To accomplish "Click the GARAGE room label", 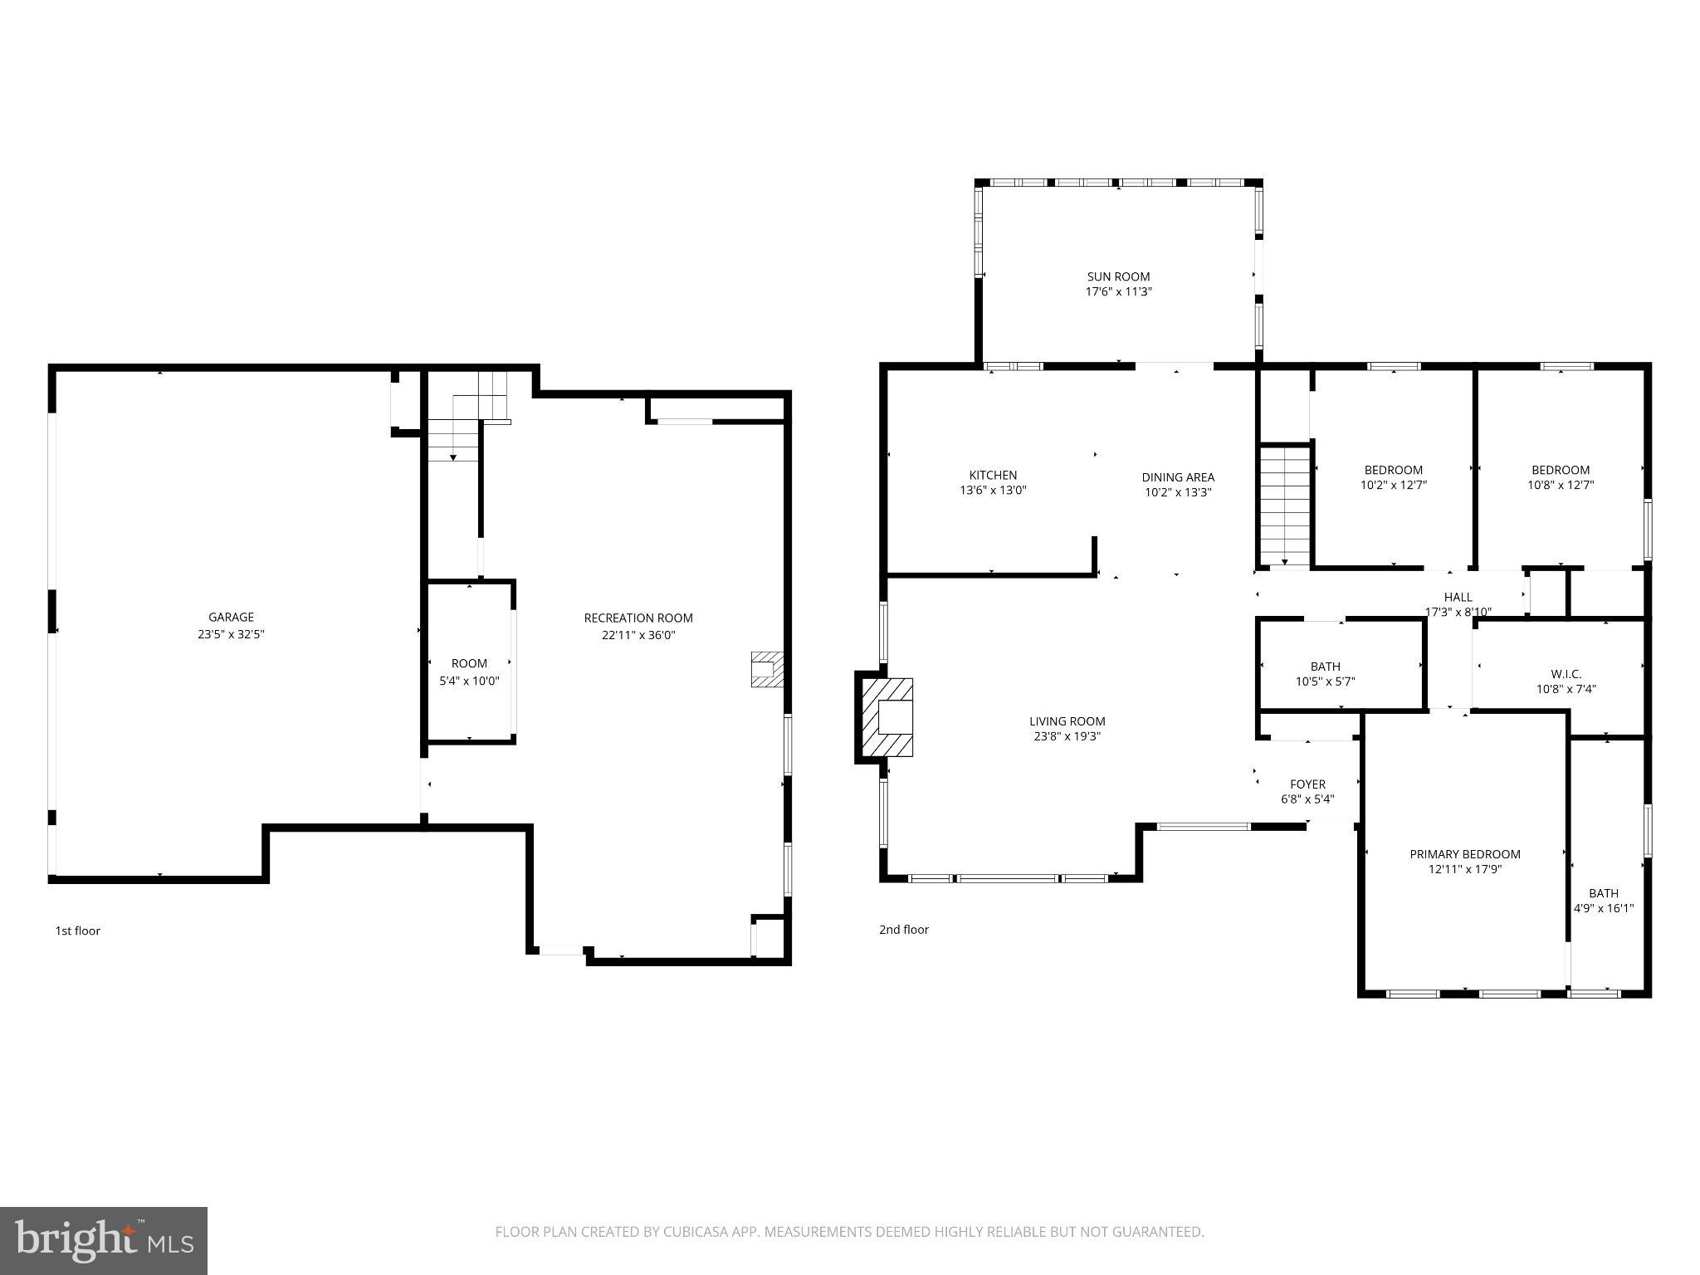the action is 231,617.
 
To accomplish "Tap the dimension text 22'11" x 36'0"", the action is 638,635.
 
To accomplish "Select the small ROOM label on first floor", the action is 469,663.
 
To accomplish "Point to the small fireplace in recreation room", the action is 766,669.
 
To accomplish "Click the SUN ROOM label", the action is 1118,276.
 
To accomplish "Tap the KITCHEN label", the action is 993,475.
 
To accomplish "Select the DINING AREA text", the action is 1177,477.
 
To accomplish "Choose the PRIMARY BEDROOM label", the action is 1464,854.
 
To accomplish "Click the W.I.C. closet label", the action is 1566,674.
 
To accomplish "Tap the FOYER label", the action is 1307,784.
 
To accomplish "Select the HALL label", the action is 1458,597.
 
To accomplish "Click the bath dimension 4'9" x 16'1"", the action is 1604,908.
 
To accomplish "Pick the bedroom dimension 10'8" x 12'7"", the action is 1561,485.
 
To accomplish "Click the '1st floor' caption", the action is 78,931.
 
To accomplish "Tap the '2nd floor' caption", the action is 904,930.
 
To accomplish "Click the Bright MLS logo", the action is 104,1240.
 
